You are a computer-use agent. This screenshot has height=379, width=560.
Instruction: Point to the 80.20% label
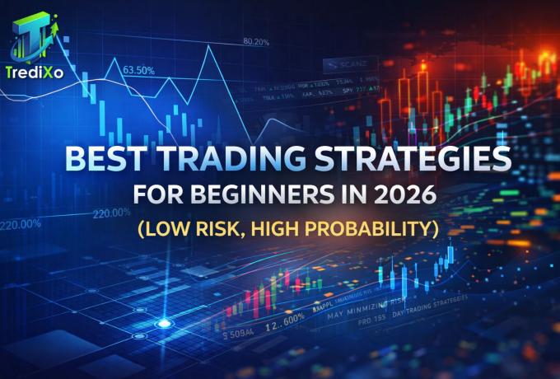(256, 40)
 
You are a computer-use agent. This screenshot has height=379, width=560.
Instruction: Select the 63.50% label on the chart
(138, 70)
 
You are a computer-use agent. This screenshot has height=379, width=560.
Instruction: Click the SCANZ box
(350, 62)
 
